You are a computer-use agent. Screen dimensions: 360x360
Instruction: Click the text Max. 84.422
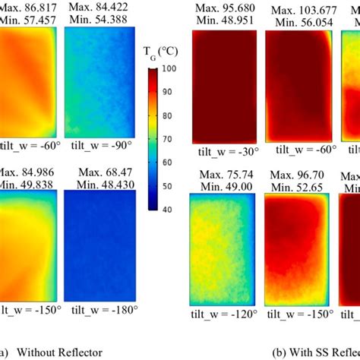[96, 7]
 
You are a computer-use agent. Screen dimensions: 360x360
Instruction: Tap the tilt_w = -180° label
[98, 309]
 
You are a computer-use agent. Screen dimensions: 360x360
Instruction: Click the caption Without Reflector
[59, 352]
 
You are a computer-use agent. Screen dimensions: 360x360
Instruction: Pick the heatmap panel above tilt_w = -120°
[221, 247]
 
